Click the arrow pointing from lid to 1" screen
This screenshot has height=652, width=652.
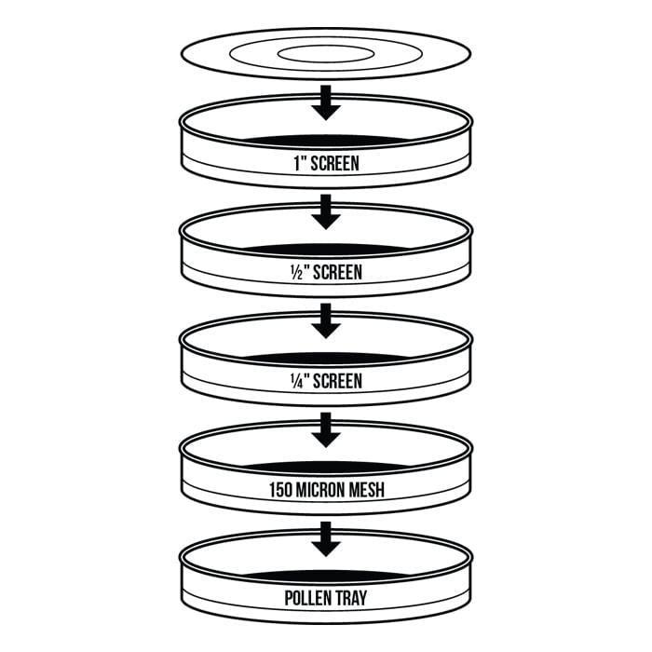coord(326,102)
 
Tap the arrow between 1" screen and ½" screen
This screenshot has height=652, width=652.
coord(326,211)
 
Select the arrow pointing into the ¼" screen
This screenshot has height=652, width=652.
coord(326,320)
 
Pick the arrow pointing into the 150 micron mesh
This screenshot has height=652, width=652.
coord(326,430)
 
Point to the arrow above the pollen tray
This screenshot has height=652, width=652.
coord(326,539)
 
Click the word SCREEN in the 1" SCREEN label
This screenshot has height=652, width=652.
coord(334,163)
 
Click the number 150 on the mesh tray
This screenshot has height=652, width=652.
coord(280,490)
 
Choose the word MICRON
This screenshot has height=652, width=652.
coord(319,490)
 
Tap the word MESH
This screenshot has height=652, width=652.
coord(366,490)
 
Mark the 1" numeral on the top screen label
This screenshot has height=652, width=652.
coord(301,163)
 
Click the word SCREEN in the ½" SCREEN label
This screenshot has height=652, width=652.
coord(337,272)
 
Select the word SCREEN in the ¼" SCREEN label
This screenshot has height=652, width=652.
coord(337,381)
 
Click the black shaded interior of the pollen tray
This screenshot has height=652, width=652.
coord(326,576)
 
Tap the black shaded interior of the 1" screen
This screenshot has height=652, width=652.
coord(326,140)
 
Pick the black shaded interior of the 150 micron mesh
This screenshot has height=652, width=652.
coord(326,467)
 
